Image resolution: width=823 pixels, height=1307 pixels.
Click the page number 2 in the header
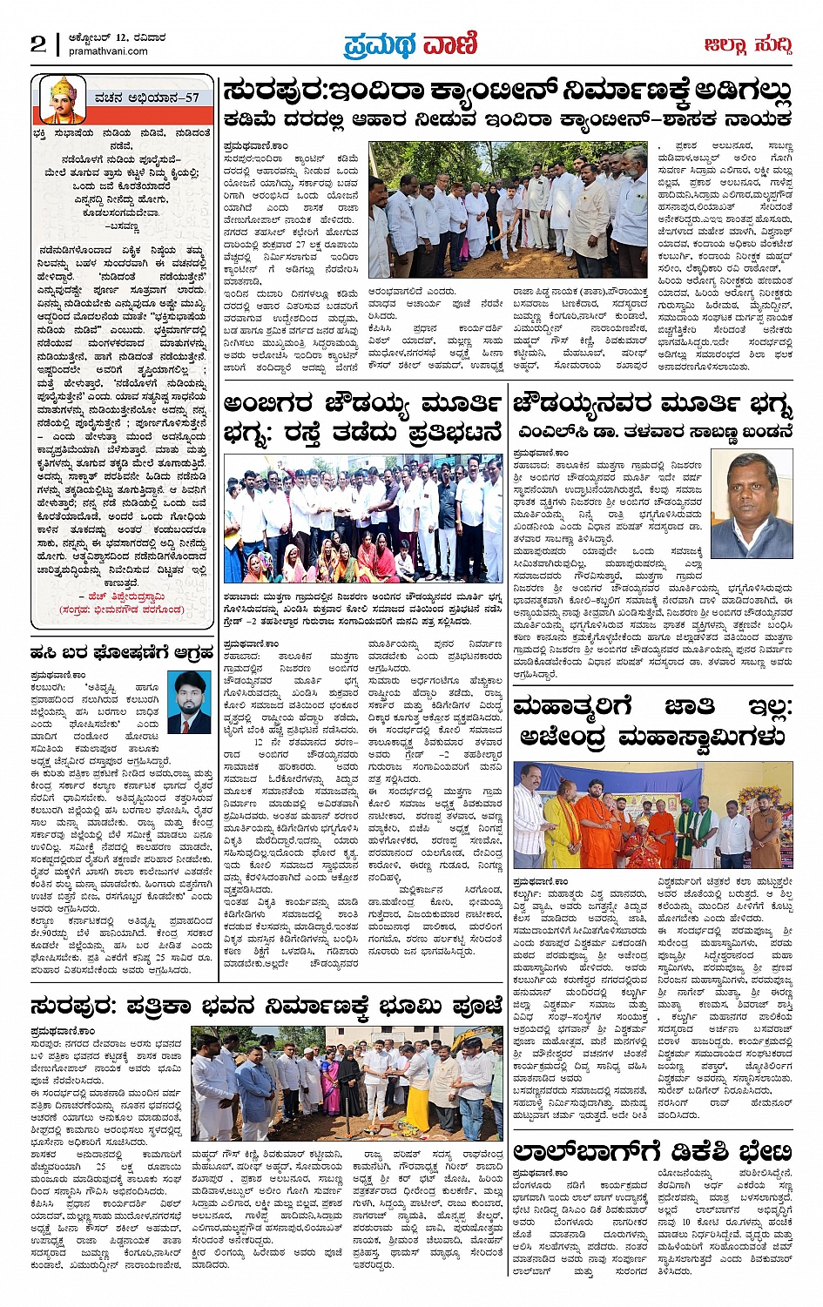tap(37, 44)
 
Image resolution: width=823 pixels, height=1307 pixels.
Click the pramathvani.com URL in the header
tap(107, 51)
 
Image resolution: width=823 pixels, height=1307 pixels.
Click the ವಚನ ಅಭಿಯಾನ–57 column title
tap(148, 98)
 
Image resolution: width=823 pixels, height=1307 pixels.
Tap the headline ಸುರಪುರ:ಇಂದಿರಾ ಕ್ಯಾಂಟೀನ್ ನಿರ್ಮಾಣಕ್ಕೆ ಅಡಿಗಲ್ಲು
tap(507, 91)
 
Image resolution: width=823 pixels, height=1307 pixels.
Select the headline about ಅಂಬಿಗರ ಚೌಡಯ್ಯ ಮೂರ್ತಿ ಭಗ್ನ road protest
tap(363, 418)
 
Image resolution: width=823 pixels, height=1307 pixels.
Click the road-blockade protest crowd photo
tap(363, 517)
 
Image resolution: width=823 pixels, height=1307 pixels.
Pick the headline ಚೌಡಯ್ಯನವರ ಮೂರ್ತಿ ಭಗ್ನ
tap(652, 404)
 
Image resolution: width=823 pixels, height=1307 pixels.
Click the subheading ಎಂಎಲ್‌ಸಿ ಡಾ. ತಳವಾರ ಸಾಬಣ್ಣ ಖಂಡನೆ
tap(652, 431)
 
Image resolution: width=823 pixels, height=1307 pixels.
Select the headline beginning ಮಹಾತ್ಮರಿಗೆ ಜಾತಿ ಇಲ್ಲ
tap(652, 721)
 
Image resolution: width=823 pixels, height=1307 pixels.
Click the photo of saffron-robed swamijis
tap(652, 815)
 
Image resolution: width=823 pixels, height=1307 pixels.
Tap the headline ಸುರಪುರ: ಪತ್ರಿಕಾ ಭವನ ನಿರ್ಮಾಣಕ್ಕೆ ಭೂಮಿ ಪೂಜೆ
tap(266, 1007)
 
